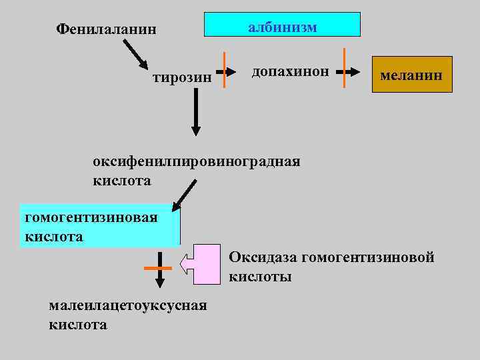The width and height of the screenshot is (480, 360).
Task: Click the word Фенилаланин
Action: pos(107,29)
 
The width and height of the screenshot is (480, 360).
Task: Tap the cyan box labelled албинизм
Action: pos(283,25)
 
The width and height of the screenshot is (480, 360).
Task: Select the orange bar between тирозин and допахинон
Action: pos(225,69)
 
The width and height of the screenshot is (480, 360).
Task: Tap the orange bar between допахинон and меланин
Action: pos(344,68)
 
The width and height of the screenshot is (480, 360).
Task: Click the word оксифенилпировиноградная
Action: pos(197,162)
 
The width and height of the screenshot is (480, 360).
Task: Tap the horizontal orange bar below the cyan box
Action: pos(159,268)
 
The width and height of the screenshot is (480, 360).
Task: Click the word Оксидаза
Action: pos(263,257)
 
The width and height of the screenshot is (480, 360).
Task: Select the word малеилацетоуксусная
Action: pos(127,306)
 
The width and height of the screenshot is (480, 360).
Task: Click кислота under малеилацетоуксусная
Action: pos(78,325)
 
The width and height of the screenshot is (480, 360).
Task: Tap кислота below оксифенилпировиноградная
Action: pos(122,181)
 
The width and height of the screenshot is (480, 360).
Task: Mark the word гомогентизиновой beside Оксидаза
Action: pos(368,257)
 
